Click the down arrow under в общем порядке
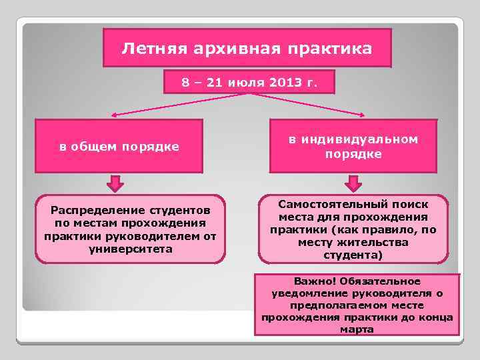coord(116,183)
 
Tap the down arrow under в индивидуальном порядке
coord(353,183)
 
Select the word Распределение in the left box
coord(90,211)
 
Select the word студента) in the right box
coord(353,255)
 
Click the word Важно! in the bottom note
coord(302,281)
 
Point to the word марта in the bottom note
coord(357,329)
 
